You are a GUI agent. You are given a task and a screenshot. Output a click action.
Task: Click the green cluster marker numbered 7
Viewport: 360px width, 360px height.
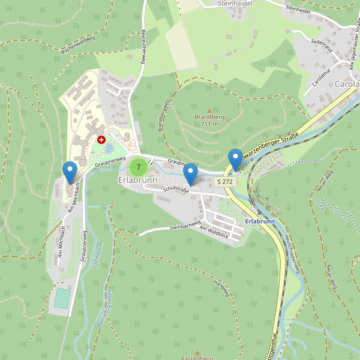pos(138,167)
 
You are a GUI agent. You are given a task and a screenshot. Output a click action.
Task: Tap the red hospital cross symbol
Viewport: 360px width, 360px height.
pos(101,139)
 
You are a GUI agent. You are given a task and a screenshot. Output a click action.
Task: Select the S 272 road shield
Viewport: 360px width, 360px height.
pos(224,181)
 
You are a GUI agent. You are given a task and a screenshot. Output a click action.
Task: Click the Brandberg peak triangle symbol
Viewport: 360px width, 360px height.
pos(209,109)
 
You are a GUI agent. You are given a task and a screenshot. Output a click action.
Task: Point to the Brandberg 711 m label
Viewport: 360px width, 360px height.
pos(209,120)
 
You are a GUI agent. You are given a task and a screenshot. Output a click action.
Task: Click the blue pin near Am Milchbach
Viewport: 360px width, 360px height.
pos(70,173)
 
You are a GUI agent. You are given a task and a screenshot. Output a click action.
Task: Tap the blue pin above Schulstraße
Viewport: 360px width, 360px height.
pos(190,175)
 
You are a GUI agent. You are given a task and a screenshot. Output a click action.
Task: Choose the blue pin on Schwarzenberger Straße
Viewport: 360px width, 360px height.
pos(235,160)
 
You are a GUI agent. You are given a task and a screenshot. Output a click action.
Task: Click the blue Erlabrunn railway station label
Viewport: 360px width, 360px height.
pos(260,221)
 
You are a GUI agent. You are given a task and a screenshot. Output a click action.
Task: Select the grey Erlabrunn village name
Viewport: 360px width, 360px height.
pos(137,180)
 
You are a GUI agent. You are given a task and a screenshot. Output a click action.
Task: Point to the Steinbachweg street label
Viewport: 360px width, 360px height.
pos(184,227)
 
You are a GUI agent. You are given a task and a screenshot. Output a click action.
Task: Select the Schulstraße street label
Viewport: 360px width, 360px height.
pos(176,190)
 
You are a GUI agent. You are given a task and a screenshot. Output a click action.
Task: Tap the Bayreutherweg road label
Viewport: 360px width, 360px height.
pos(144,48)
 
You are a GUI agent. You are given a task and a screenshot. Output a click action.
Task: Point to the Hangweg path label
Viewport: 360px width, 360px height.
pos(221,289)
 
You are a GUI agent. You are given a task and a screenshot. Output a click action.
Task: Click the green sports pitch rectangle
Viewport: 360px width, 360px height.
pos(62,298)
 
